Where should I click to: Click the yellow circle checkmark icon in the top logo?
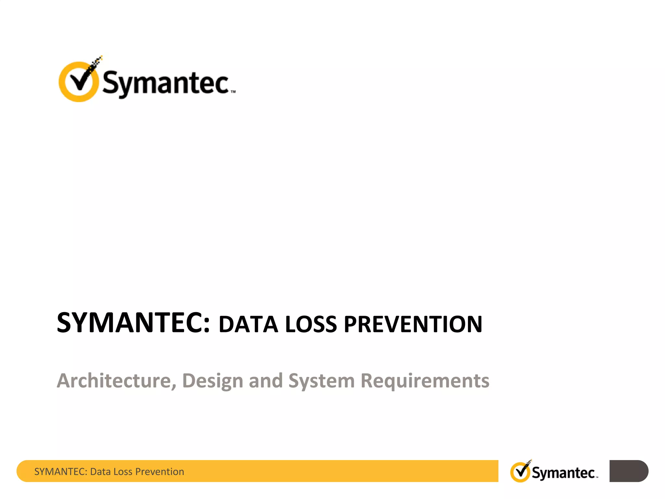(79, 82)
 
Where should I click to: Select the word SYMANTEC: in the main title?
(133, 323)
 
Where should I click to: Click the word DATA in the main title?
(248, 325)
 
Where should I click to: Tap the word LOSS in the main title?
(311, 325)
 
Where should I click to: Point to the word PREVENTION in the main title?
(413, 325)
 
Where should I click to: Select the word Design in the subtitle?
(213, 381)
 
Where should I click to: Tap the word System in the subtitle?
(321, 381)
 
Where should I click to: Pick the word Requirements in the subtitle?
(425, 380)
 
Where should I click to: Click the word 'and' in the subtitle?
(266, 380)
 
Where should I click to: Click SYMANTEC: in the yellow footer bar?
(61, 471)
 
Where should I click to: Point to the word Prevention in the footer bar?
(159, 471)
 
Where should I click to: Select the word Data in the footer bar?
(100, 471)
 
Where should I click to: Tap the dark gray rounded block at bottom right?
(628, 471)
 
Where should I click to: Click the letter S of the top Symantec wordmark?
(110, 82)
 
